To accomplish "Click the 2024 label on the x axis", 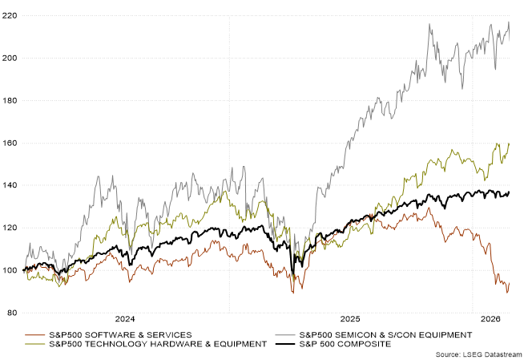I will click(x=124, y=318).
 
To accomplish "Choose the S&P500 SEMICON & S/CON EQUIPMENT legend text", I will click(x=380, y=334).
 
